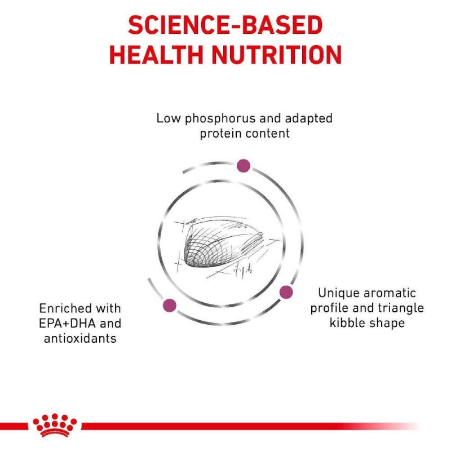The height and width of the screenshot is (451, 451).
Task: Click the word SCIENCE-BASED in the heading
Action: (225, 25)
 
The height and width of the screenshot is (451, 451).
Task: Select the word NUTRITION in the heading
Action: (276, 55)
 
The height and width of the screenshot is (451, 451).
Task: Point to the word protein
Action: (220, 134)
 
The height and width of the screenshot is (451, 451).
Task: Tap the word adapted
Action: (308, 119)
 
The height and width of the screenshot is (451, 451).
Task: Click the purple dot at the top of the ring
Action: (244, 166)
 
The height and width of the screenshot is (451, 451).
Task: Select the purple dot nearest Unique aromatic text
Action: (286, 292)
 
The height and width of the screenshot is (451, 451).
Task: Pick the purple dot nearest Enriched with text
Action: (170, 305)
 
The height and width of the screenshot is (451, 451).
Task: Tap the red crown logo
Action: (55, 425)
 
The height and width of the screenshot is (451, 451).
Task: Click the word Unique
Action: (339, 293)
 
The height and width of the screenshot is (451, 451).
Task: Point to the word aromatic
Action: (390, 293)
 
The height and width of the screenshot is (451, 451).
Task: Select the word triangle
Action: (401, 308)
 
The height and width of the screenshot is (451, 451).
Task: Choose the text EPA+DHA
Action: (67, 324)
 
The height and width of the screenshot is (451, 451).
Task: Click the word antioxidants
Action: (80, 339)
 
